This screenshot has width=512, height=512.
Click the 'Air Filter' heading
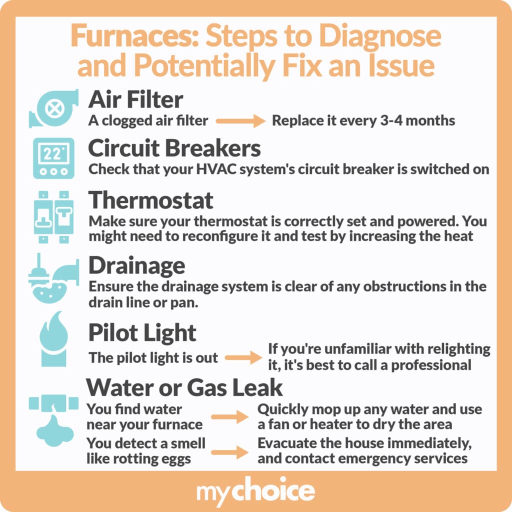(x=135, y=99)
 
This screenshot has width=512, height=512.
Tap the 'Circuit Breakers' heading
(x=174, y=148)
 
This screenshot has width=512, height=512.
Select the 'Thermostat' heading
(x=151, y=200)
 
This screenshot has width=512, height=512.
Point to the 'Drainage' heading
(x=137, y=266)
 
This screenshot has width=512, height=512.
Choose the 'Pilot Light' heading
(x=142, y=333)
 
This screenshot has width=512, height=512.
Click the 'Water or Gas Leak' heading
(x=184, y=387)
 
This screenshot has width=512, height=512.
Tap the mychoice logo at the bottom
(x=255, y=491)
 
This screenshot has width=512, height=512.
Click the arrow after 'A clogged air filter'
(x=240, y=121)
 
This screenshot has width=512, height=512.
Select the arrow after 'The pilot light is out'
(x=243, y=357)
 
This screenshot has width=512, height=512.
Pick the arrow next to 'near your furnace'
(x=229, y=416)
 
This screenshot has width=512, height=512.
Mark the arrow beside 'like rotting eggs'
(x=229, y=452)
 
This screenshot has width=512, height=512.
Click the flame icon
(x=54, y=338)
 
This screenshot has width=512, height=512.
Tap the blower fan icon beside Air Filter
(x=54, y=108)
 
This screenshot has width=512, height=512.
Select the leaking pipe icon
(x=54, y=420)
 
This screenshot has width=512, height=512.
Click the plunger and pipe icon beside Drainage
(x=54, y=278)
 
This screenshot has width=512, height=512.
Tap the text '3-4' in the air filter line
(x=391, y=120)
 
